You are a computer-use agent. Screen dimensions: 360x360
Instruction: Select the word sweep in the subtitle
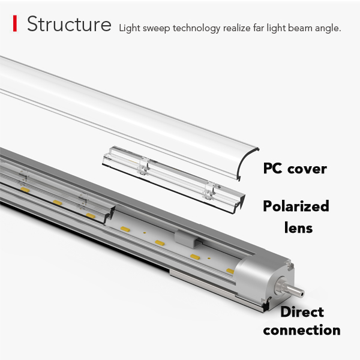pyautogui.click(x=155, y=28)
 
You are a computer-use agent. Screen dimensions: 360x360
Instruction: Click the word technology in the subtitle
pyautogui.click(x=197, y=28)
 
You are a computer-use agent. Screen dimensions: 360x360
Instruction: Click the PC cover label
pyautogui.click(x=295, y=168)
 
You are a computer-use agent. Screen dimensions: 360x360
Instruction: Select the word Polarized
pyautogui.click(x=296, y=207)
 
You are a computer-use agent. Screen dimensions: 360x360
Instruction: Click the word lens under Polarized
pyautogui.click(x=298, y=228)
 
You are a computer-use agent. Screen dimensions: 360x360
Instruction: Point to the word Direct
pyautogui.click(x=302, y=312)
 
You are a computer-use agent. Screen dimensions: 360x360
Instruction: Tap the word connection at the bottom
pyautogui.click(x=301, y=330)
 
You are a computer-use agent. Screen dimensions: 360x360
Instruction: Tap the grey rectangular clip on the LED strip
pyautogui.click(x=188, y=238)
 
